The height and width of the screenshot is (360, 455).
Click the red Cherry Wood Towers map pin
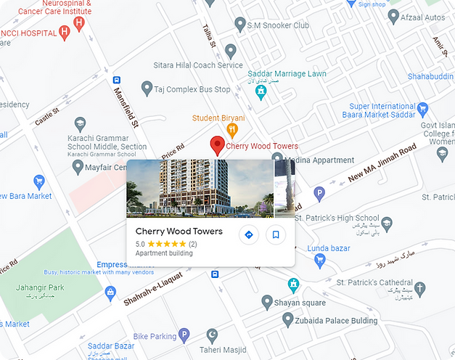(x=217, y=145)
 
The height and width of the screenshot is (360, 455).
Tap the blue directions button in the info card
(x=248, y=234)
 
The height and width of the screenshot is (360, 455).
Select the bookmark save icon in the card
(x=275, y=234)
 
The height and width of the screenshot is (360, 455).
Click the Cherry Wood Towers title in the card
(x=179, y=232)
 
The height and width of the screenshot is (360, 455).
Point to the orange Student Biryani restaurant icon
(x=232, y=131)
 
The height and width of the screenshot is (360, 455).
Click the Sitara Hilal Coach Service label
(x=197, y=65)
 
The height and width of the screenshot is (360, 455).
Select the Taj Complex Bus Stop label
(x=192, y=90)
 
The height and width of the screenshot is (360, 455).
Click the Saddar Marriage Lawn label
(x=287, y=74)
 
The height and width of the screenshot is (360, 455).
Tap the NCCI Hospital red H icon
(x=65, y=32)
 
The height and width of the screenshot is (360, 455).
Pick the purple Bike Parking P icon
(x=184, y=335)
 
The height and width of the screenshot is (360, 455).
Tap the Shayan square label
(x=300, y=302)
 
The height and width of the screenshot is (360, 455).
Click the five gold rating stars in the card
(x=167, y=244)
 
